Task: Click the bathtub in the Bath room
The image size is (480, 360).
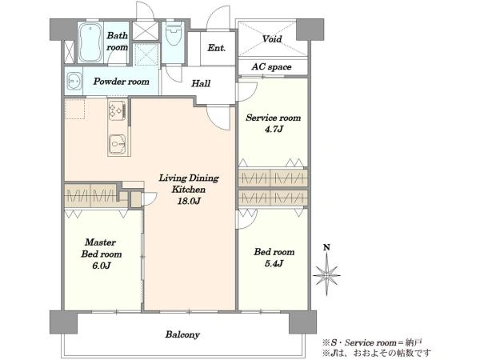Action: click(90, 42)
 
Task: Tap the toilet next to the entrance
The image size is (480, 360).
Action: click(174, 33)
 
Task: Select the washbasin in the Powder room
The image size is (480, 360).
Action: click(74, 81)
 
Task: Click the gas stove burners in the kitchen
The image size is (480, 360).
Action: click(118, 110)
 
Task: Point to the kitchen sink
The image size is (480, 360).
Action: click(118, 144)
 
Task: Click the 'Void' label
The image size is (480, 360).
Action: click(272, 39)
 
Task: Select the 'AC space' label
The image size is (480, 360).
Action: click(271, 66)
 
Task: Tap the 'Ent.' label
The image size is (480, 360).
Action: click(217, 48)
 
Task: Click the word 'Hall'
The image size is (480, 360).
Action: click(201, 83)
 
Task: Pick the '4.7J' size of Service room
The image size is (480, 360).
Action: click(274, 129)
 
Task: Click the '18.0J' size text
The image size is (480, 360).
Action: click(189, 201)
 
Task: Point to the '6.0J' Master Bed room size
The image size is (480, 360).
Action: click(102, 266)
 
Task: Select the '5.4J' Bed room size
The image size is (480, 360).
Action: click(274, 263)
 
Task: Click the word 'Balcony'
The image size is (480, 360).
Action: click(182, 334)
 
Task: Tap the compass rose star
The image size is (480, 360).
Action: click(326, 274)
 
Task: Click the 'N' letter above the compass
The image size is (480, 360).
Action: click(327, 247)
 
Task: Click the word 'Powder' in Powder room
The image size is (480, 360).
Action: click(106, 82)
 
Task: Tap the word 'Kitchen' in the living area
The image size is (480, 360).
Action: click(188, 190)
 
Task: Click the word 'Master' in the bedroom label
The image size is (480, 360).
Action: click(101, 242)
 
